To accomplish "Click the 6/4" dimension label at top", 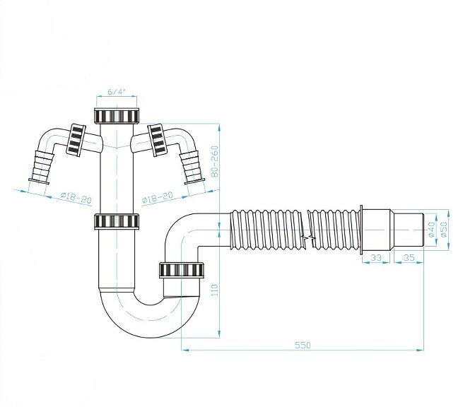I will tap(117, 91).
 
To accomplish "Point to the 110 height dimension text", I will tap(213, 290).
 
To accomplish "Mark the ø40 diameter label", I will tap(431, 229).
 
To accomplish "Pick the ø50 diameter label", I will tap(445, 229).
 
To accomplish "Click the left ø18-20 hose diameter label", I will tap(76, 199).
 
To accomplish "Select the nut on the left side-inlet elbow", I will tap(76, 140).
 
